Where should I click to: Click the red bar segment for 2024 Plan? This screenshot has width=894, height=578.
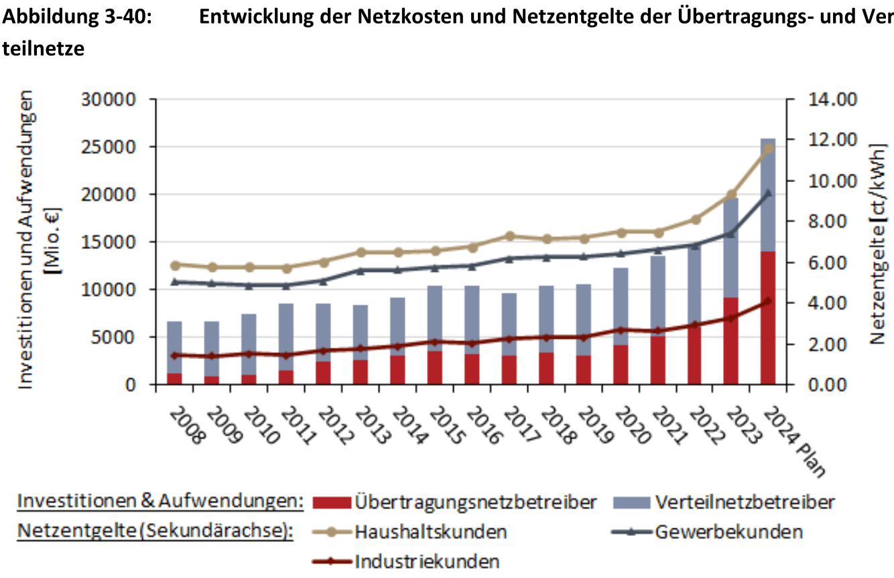(768, 318)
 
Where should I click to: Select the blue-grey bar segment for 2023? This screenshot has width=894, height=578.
(731, 248)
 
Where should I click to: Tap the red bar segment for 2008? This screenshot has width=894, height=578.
(175, 379)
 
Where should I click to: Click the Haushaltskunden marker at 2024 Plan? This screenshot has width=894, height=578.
(769, 149)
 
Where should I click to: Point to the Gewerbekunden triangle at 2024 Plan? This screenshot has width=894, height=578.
(769, 193)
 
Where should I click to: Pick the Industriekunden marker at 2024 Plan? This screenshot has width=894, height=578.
(769, 301)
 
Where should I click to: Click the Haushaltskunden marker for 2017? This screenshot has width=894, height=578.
(510, 236)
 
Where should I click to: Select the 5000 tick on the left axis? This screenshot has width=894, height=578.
(123, 338)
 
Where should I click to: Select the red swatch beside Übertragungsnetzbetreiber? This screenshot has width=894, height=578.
(331, 502)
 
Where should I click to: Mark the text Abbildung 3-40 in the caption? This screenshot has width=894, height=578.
(77, 18)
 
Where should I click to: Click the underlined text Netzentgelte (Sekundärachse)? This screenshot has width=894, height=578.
(155, 532)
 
